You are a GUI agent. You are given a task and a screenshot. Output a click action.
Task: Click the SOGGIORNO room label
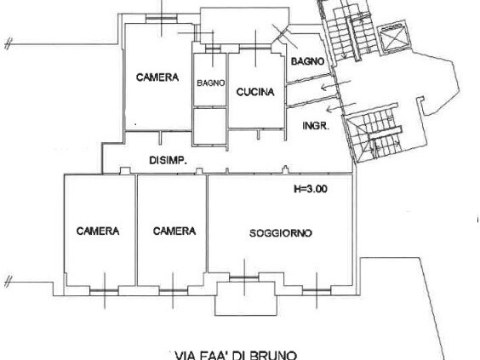tap(280, 232)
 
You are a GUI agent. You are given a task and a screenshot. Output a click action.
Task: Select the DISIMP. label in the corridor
tap(168, 161)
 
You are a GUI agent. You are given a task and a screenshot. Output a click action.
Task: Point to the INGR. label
tap(315, 126)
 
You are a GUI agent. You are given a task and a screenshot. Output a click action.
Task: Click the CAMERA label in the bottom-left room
tap(96, 231)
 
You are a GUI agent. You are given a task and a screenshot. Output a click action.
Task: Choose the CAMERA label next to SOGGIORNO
tap(174, 231)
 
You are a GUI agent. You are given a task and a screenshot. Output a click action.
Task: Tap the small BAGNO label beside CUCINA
tap(209, 83)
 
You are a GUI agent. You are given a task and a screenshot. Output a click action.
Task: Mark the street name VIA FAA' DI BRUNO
tap(235, 354)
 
